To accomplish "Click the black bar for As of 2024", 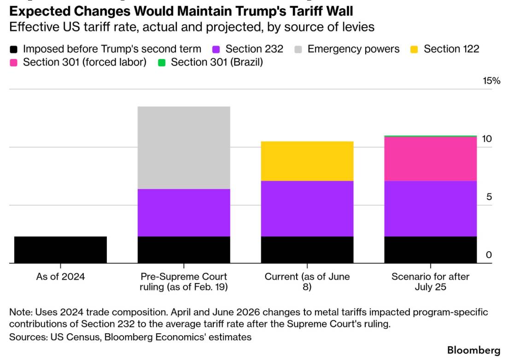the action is click(61, 249).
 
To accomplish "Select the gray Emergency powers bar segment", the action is click(184, 148).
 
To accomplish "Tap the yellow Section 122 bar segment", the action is click(307, 161).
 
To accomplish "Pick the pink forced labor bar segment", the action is click(431, 159).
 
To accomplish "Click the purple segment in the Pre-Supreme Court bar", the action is click(184, 212).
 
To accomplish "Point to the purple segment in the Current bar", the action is click(307, 209).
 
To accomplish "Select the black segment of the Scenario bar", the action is click(431, 250).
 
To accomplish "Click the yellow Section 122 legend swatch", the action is click(414, 50).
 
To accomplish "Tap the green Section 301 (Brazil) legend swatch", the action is click(162, 63).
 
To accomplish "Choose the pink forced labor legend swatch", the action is click(13, 63).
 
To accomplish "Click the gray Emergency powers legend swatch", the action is click(298, 50).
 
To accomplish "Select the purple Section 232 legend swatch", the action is click(216, 50).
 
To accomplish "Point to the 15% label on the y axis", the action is click(491, 81).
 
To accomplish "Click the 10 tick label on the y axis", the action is click(487, 139).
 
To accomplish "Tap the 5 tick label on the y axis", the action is click(489, 197).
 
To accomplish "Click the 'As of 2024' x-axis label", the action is click(61, 277).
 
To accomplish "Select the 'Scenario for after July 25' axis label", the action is click(431, 282).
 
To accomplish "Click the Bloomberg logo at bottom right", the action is click(473, 350).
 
